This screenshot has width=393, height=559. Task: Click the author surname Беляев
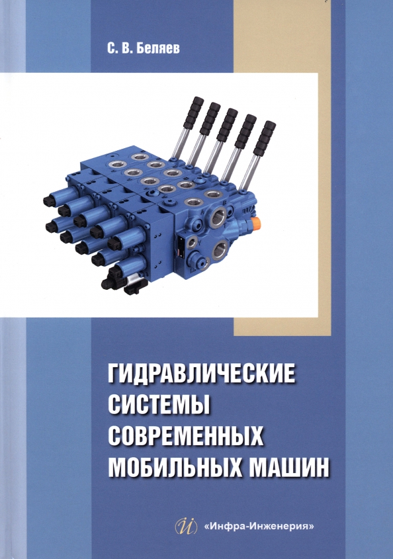point(159,49)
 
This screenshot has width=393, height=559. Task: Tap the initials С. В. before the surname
point(120,49)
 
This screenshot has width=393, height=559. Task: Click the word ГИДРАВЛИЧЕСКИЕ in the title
point(202,372)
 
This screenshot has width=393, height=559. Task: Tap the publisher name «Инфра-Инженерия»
point(259,525)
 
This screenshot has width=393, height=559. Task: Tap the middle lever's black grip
point(227,125)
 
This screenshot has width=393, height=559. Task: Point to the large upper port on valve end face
point(218,218)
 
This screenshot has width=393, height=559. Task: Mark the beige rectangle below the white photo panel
point(281,327)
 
